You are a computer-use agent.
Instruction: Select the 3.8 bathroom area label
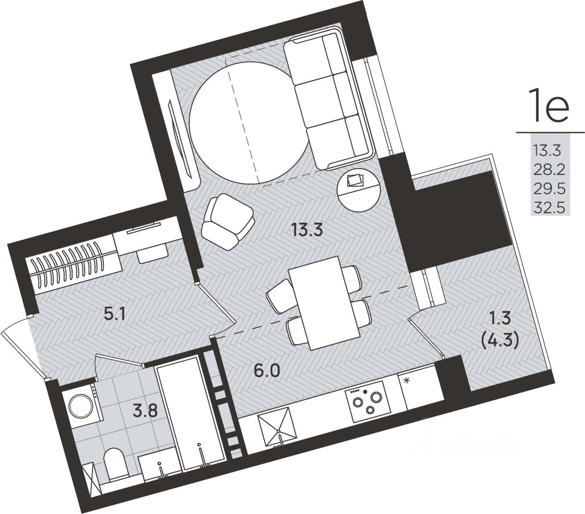(x=146, y=412)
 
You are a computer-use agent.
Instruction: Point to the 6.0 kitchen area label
(x=266, y=371)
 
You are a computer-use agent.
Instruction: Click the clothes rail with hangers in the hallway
(x=68, y=265)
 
